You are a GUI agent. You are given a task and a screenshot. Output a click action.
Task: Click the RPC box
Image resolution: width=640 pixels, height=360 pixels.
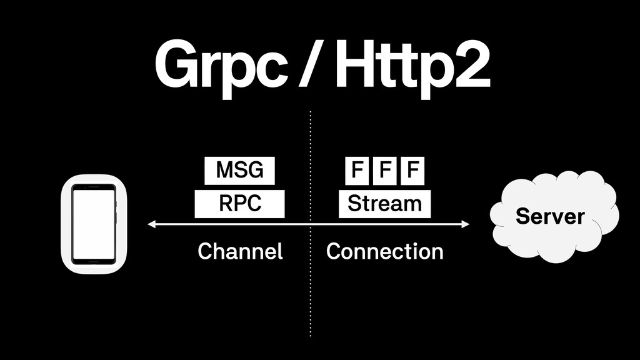pos(239,204)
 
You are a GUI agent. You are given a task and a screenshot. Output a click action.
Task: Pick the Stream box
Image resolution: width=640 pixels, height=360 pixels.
pos(384,204)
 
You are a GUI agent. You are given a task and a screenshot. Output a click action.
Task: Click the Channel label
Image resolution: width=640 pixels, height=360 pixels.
pos(240,252)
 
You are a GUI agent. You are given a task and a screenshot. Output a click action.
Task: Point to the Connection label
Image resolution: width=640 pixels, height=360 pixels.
pos(385,252)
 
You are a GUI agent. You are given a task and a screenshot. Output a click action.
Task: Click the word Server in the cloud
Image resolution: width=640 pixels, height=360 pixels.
pos(550,217)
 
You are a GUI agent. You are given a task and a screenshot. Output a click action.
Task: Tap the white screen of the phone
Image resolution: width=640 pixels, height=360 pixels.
pos(94,224)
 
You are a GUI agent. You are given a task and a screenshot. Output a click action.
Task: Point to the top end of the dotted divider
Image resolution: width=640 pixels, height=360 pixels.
pos(311,113)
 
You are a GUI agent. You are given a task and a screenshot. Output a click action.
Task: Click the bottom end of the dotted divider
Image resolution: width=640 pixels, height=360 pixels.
pos(311,336)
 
